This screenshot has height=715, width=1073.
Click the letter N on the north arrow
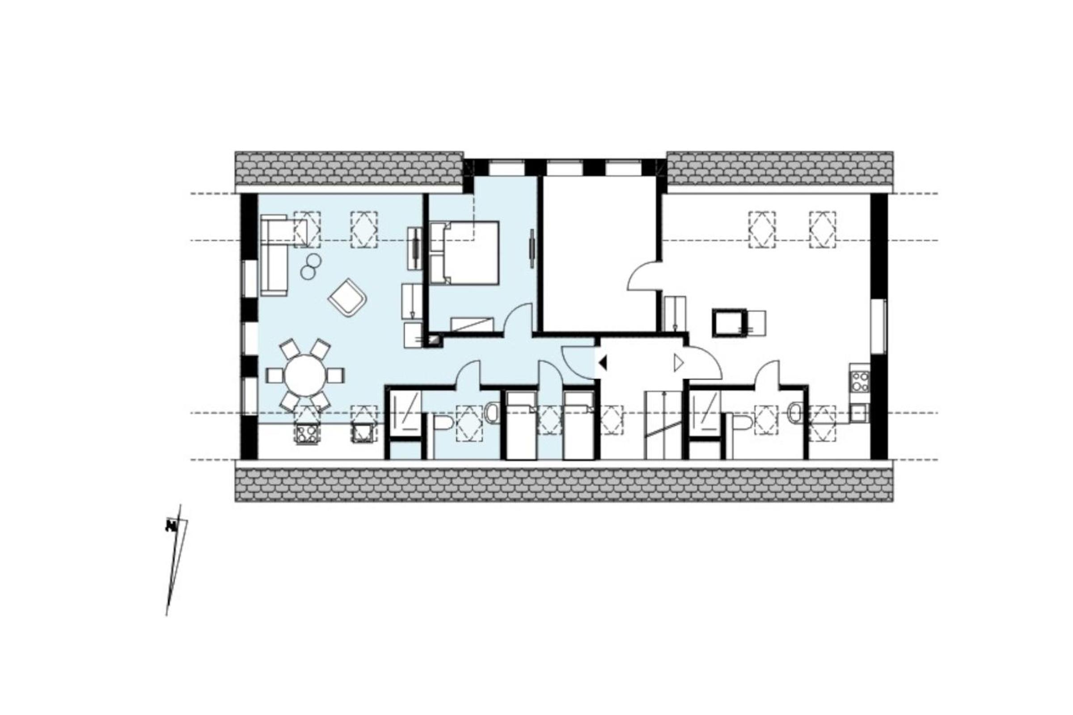tap(171, 526)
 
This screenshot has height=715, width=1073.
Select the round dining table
tap(305, 376)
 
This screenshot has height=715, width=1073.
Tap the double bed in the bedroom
tap(465, 253)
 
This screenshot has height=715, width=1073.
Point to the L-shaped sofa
tap(274, 255)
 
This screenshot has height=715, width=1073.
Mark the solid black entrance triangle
tap(603, 363)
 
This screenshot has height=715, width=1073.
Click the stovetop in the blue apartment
tap(307, 433)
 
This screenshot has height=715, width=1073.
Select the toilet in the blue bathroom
tap(441, 422)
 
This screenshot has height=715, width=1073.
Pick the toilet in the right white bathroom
tap(741, 422)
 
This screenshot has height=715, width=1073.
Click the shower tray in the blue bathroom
tap(404, 410)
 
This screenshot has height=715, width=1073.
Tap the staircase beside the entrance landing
tap(663, 425)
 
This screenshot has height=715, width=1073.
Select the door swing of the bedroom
tap(519, 320)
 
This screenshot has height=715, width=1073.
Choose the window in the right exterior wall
tap(879, 326)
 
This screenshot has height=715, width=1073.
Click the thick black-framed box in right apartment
tap(730, 322)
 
